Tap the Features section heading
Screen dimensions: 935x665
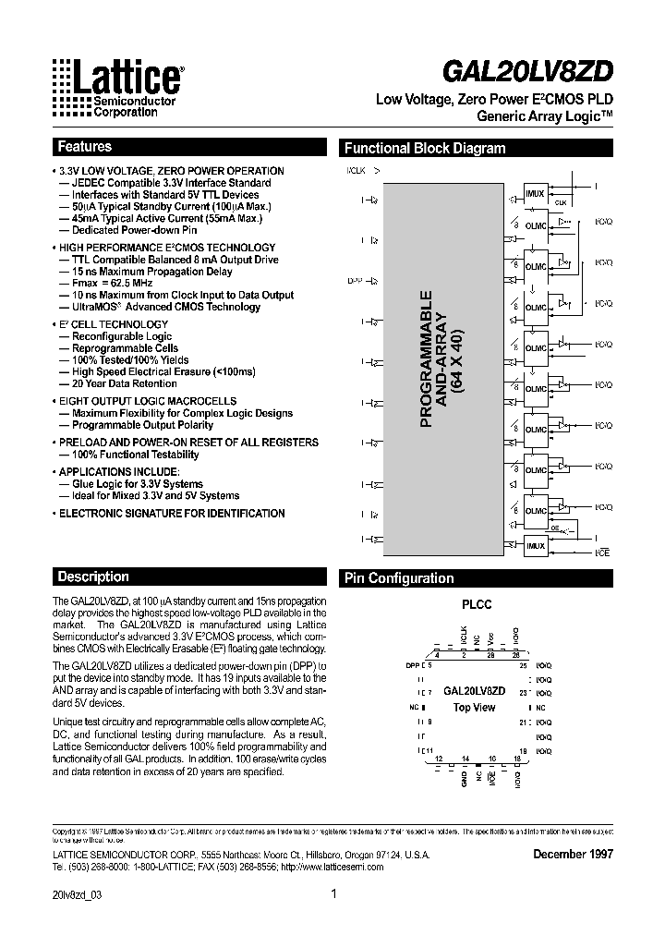85,147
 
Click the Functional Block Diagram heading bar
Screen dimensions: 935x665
425,148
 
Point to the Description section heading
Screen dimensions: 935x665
93,577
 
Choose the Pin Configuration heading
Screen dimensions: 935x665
399,578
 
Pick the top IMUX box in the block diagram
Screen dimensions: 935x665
535,193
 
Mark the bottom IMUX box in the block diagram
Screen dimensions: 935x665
535,545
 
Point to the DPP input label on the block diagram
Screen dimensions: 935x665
355,279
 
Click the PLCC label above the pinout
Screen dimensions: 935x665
477,605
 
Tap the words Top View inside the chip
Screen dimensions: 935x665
474,708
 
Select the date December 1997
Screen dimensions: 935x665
573,854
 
